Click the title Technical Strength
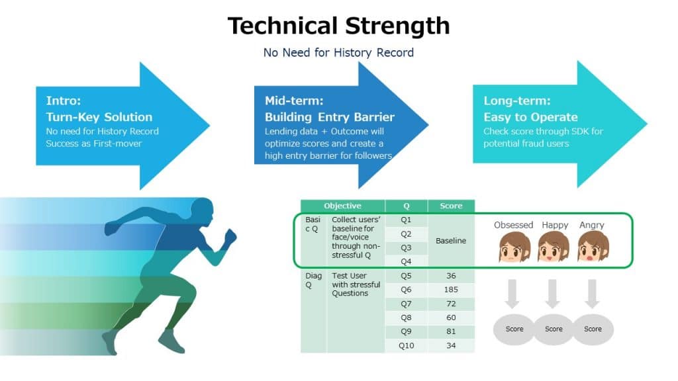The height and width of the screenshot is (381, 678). (x=338, y=26)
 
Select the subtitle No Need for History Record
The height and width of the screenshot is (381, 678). (x=338, y=53)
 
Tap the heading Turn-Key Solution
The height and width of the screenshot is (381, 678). (x=99, y=117)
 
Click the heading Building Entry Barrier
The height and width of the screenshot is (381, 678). (x=330, y=117)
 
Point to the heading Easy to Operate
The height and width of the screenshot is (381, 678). (x=530, y=117)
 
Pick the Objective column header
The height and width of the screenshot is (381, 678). (x=342, y=206)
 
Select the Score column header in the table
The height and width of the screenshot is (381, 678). (x=451, y=206)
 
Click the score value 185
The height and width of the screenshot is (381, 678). (x=451, y=290)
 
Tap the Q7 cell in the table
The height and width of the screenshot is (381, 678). (x=406, y=304)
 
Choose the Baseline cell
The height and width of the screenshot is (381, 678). (x=451, y=241)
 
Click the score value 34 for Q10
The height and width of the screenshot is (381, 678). (x=451, y=345)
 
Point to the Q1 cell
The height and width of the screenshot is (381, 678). (x=406, y=220)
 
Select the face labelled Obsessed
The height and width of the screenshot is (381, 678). (x=514, y=247)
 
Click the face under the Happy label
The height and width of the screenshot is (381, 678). (x=554, y=246)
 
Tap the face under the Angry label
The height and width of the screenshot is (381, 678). (x=593, y=246)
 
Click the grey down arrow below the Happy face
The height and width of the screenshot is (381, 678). (x=552, y=294)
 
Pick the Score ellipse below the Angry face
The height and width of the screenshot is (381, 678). (x=593, y=329)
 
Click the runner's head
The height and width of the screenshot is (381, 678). (x=203, y=212)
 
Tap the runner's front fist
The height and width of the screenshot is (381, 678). (x=231, y=237)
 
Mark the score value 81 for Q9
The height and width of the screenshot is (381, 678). (x=451, y=331)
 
